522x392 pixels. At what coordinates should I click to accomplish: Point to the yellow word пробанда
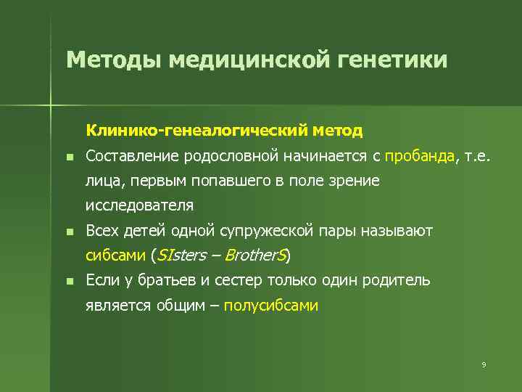click(x=420, y=155)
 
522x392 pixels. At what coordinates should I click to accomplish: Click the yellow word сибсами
click(x=115, y=256)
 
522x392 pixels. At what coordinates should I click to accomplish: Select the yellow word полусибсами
click(x=271, y=306)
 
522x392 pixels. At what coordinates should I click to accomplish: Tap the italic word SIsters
click(x=181, y=256)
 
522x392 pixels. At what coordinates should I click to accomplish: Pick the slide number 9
click(x=483, y=364)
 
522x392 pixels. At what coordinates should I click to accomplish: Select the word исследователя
click(x=139, y=205)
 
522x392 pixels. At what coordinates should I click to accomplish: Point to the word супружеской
click(x=277, y=231)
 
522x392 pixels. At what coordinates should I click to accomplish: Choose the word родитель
click(x=398, y=280)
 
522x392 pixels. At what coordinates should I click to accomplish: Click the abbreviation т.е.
click(x=477, y=155)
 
